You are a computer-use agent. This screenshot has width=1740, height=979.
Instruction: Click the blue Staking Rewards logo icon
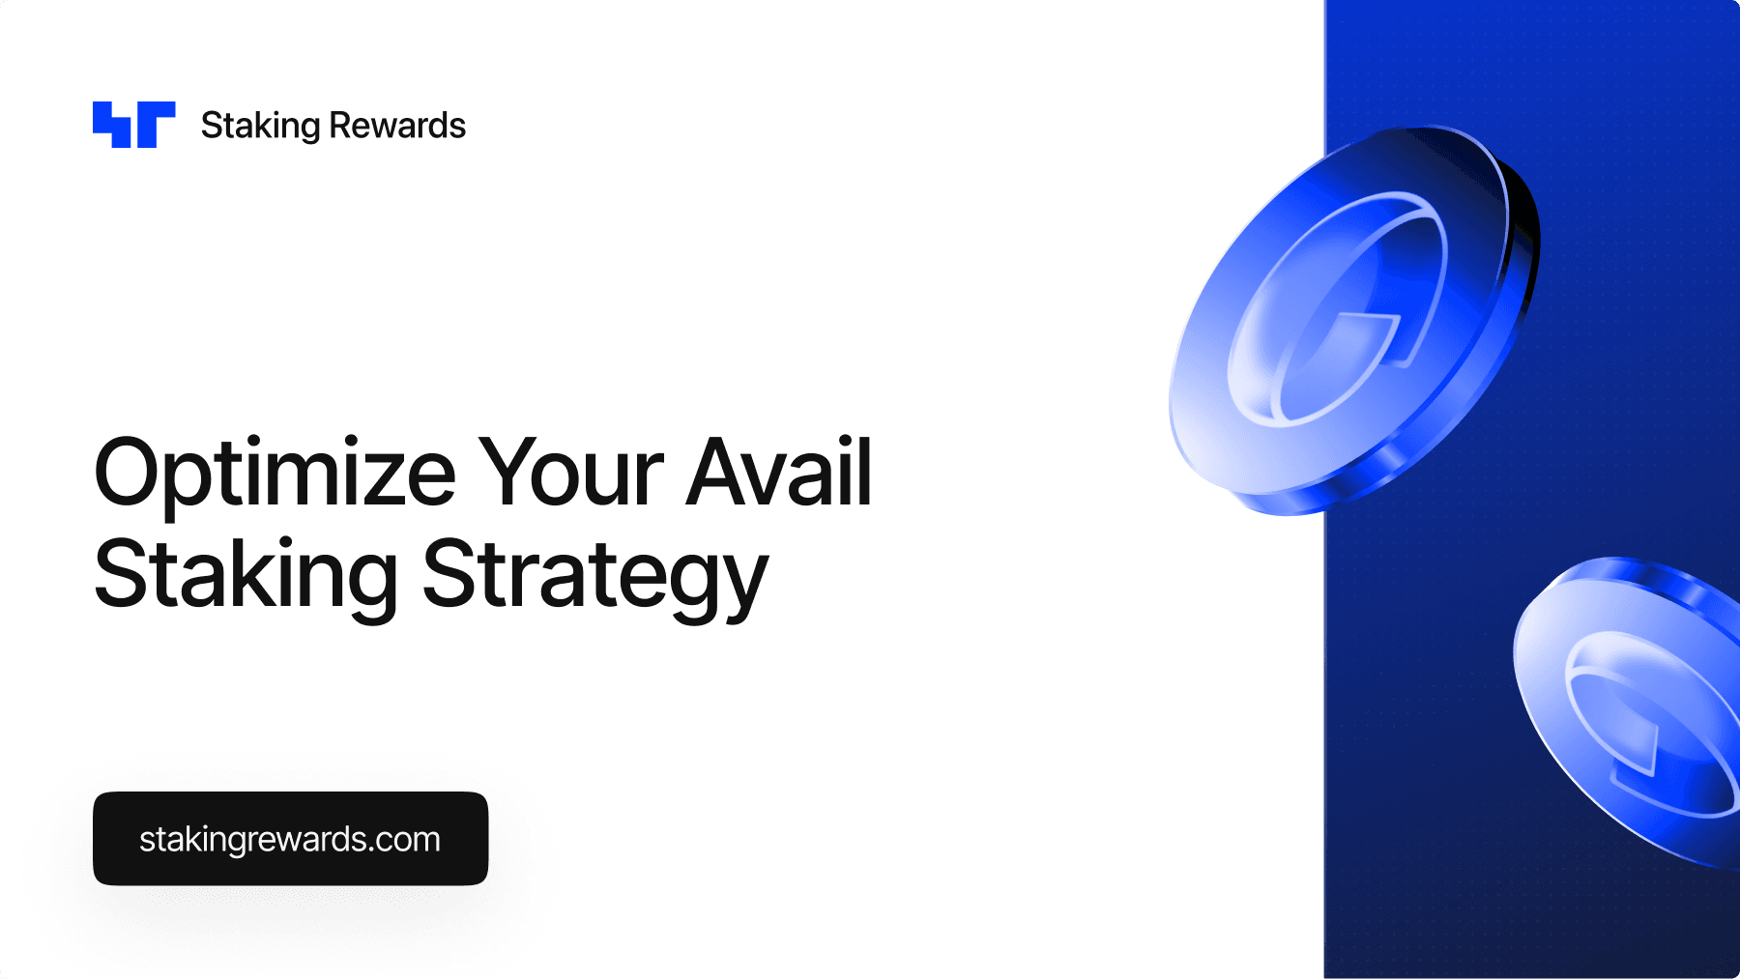coord(134,125)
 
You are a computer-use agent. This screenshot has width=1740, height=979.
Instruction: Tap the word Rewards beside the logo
coord(397,126)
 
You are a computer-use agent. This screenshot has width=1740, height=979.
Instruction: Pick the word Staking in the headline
coord(246,578)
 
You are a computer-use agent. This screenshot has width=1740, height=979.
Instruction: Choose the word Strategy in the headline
coord(595,578)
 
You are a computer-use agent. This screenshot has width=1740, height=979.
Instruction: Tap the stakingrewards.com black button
coord(290,839)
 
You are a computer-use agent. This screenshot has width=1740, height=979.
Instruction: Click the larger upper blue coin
coord(1353,319)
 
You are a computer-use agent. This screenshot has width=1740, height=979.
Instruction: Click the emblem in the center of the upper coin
coord(1339,309)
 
